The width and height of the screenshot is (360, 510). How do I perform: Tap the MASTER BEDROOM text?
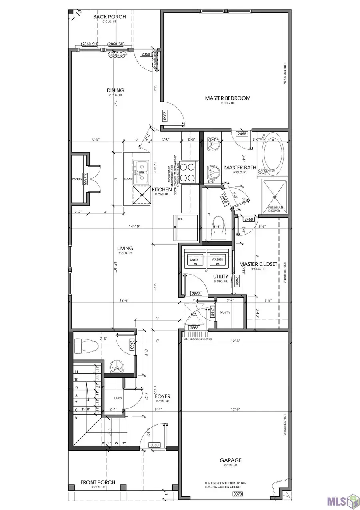[x=228, y=98]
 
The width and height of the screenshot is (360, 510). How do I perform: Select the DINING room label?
[x=115, y=90]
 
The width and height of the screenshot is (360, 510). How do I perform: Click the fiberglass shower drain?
[x=275, y=197]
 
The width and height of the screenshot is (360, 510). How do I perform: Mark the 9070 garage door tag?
[x=237, y=494]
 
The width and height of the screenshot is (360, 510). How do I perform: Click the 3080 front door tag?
[x=154, y=445]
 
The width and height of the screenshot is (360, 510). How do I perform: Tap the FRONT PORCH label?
[x=98, y=482]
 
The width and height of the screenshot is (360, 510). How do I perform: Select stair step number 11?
[x=76, y=372]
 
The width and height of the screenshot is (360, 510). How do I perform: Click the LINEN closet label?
[x=118, y=398]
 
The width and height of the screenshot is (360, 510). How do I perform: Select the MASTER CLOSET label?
[x=258, y=264]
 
